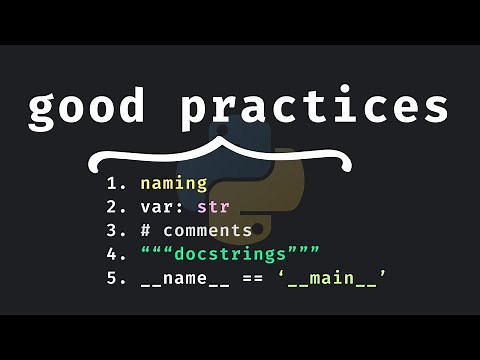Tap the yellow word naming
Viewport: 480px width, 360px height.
tap(173, 184)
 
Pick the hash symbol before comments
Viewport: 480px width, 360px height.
tap(146, 230)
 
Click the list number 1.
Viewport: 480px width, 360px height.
tap(113, 184)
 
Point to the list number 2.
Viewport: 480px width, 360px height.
tap(113, 207)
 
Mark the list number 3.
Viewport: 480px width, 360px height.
tap(113, 230)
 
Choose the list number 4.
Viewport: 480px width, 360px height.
tap(113, 253)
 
